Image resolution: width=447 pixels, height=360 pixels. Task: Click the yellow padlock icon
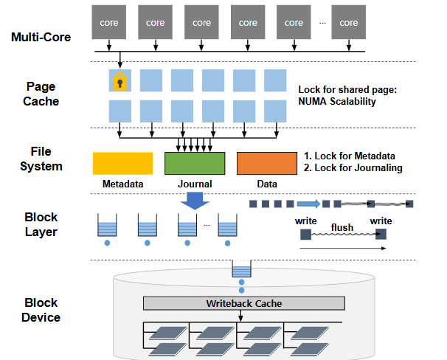point(119,81)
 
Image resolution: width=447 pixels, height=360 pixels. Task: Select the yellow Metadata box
point(122,163)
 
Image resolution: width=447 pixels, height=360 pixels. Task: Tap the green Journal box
point(195,163)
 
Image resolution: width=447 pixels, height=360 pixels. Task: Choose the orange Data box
point(267,163)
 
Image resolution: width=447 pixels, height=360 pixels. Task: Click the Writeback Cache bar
point(244,303)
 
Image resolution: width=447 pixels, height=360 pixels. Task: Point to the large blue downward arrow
point(195,201)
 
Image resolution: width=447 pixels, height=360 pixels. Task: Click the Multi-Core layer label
point(41,37)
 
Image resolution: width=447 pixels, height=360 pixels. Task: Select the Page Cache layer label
point(41,94)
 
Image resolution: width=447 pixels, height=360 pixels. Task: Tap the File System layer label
point(41,159)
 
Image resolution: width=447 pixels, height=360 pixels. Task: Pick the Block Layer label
point(41,224)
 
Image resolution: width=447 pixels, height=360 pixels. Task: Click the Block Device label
point(41,310)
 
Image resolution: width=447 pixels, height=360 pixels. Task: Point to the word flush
point(342,227)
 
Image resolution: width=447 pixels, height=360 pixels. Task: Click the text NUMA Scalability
point(337,101)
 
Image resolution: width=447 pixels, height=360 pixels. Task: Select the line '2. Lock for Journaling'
point(353,167)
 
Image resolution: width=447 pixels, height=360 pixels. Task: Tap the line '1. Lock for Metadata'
point(349,156)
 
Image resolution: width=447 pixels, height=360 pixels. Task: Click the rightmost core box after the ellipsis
point(348,22)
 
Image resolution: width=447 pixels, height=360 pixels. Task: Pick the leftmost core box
point(109,22)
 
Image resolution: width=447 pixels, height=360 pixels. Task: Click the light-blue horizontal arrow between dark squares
point(308,204)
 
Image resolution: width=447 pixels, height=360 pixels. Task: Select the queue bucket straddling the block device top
point(241,269)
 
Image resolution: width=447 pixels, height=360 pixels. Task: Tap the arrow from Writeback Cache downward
point(241,316)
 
